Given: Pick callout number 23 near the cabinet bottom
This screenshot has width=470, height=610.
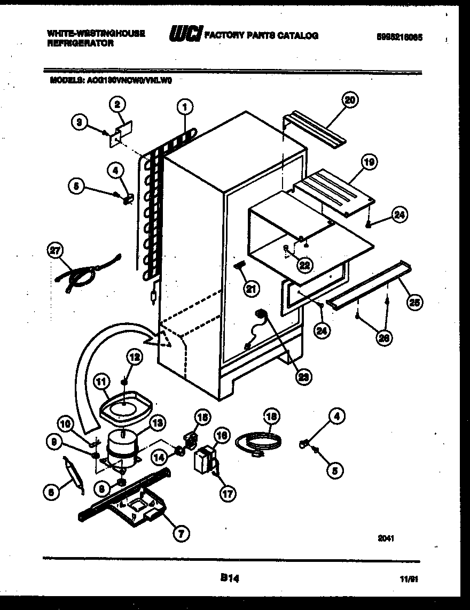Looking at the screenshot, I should click(x=303, y=376).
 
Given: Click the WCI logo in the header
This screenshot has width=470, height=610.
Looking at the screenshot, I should click(x=185, y=35).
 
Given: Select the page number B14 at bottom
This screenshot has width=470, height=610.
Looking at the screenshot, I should click(x=229, y=577).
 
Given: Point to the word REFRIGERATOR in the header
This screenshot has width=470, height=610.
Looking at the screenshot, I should click(x=80, y=44).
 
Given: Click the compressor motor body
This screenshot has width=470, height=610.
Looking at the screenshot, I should click(x=122, y=446).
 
